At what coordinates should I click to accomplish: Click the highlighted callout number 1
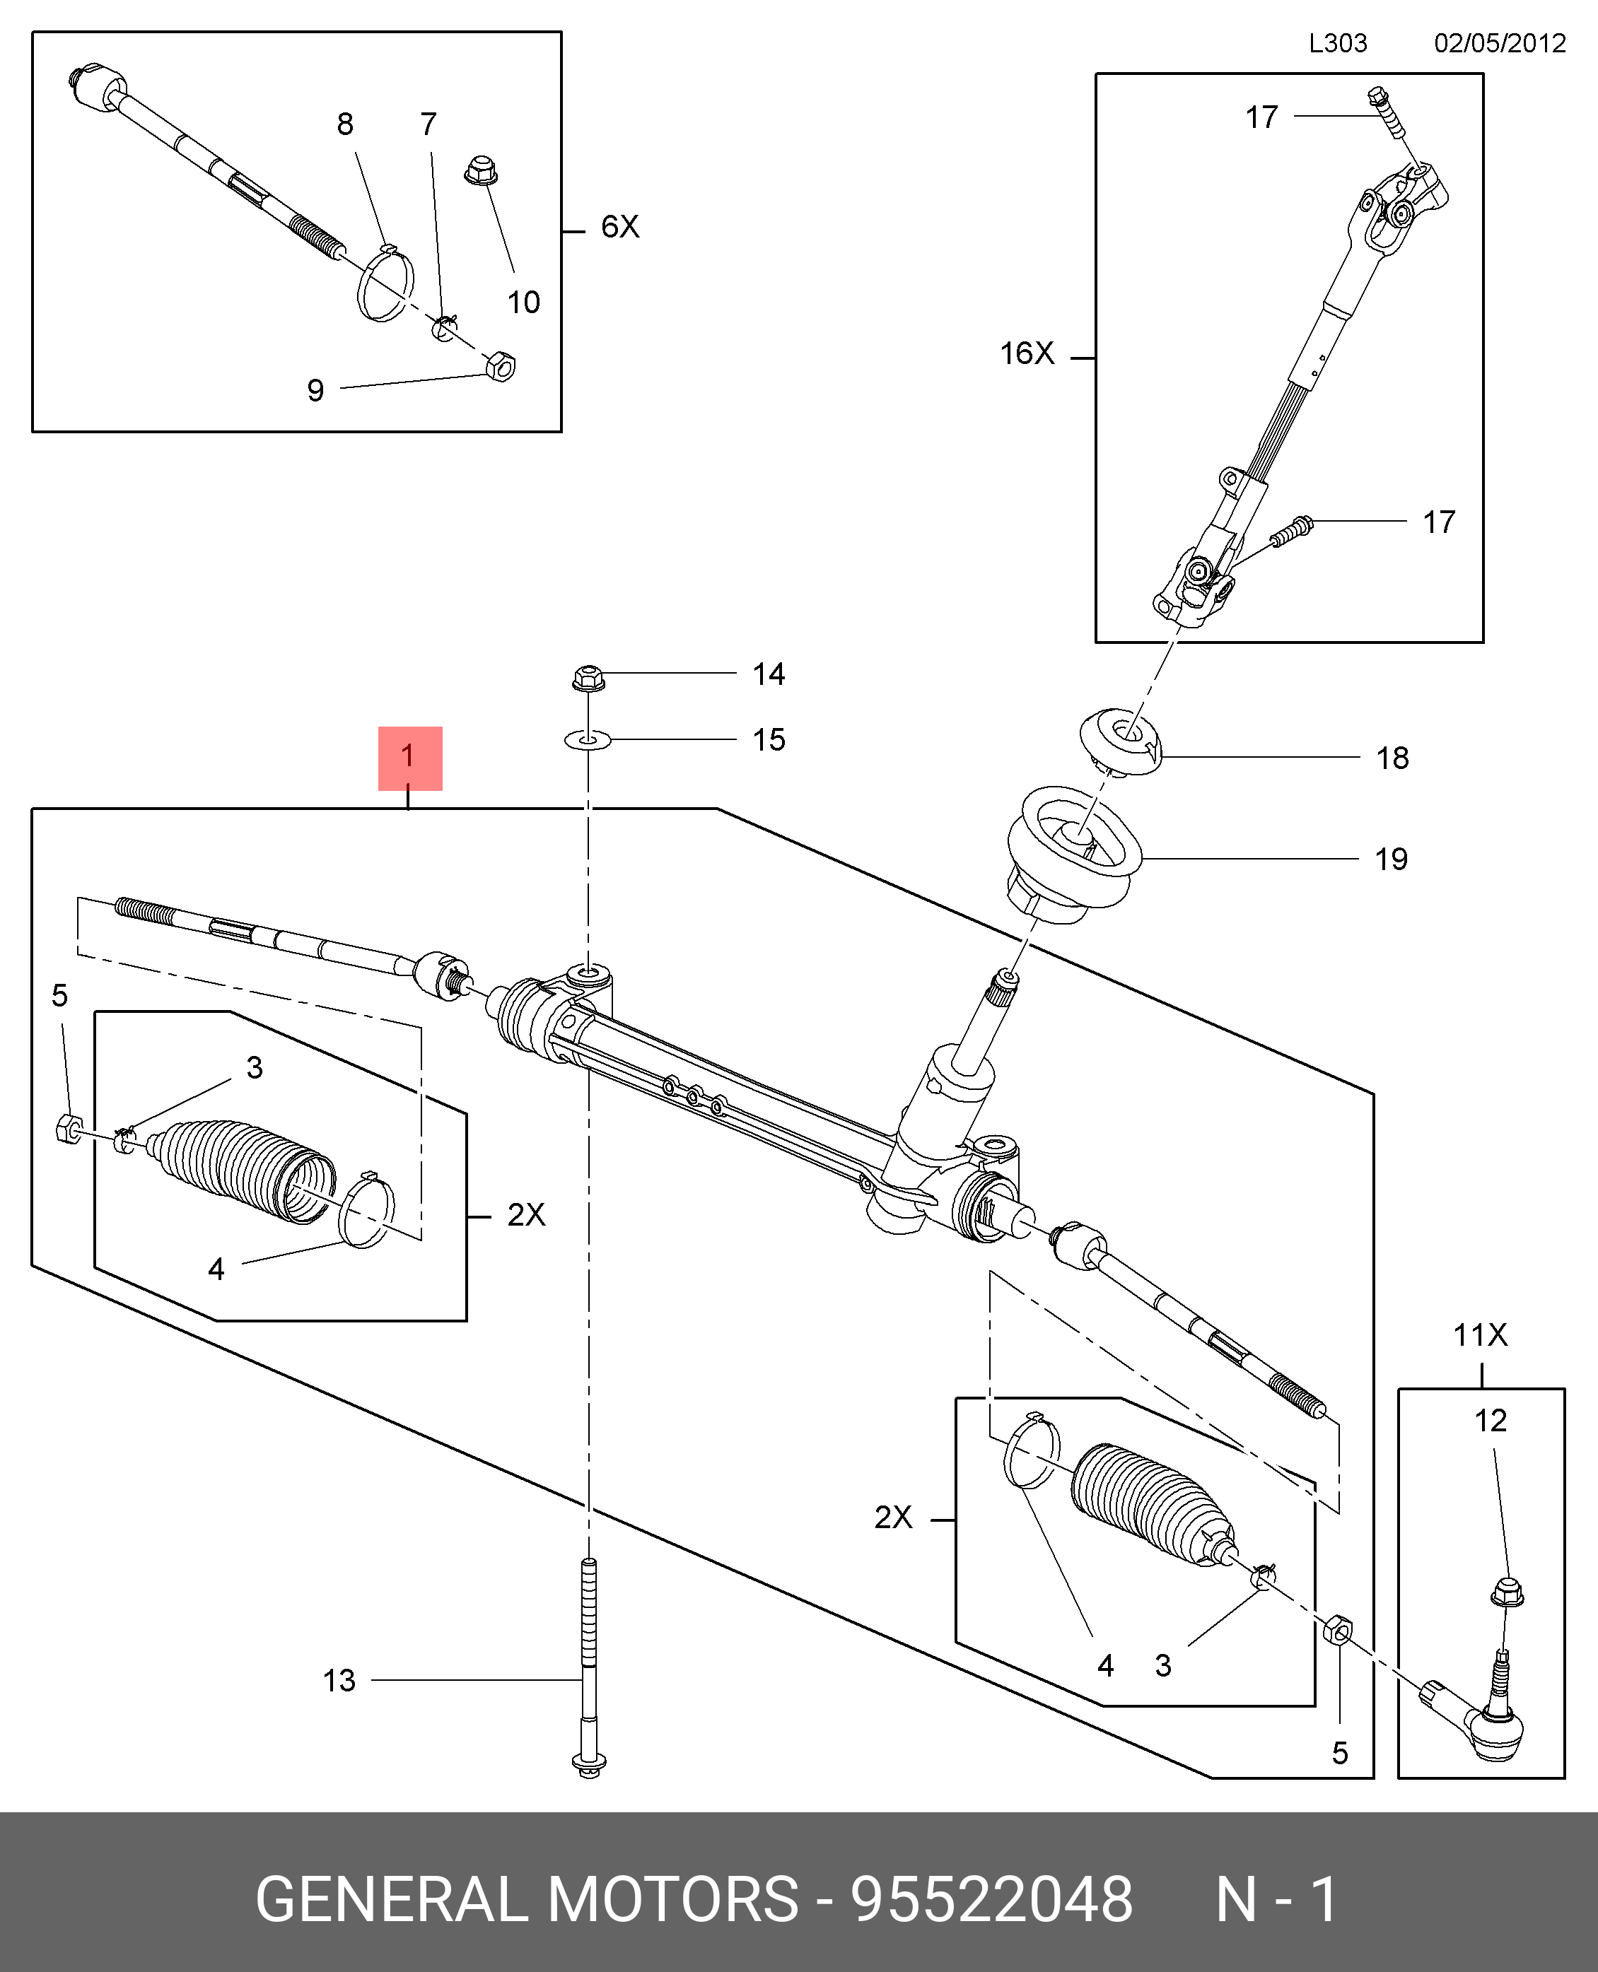409,757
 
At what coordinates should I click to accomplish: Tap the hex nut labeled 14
588,679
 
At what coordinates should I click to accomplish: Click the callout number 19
1391,859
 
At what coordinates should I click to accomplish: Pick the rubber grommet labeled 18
1120,741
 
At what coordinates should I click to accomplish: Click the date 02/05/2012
1500,43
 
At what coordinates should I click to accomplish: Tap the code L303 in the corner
1338,43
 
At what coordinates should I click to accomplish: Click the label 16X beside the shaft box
1027,353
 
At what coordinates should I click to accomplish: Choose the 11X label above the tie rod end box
1480,1335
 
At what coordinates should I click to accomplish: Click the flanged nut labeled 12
1506,1592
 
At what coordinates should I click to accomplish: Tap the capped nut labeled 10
482,170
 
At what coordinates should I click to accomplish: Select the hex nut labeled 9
500,366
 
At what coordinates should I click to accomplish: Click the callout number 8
345,124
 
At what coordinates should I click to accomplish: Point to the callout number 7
428,124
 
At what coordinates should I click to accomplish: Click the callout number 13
339,1680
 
